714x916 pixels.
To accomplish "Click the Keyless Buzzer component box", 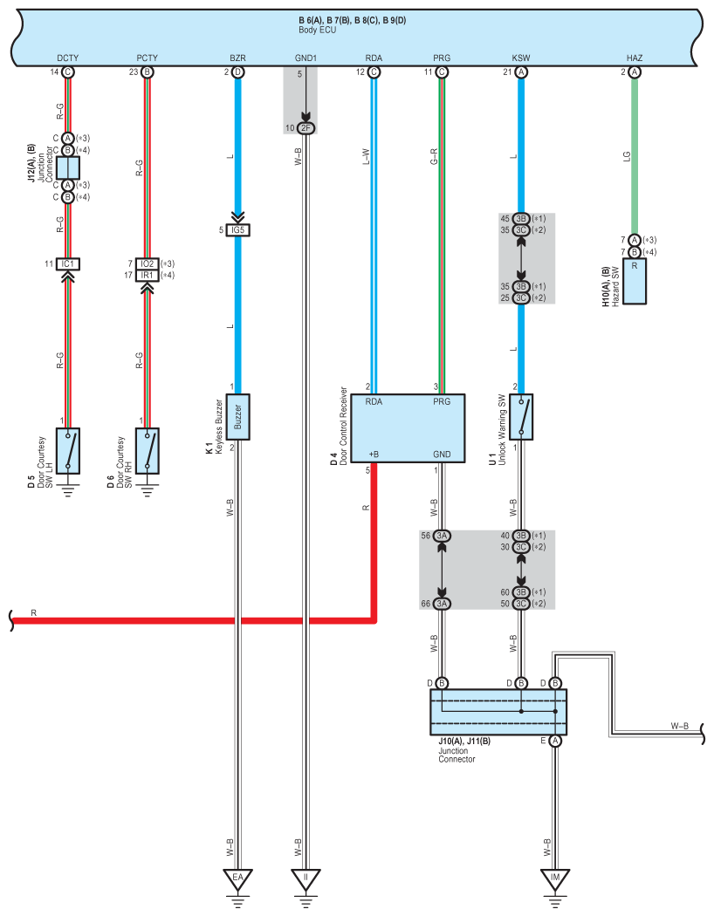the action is pyautogui.click(x=237, y=416).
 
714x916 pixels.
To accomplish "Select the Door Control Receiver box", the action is pyautogui.click(x=408, y=428).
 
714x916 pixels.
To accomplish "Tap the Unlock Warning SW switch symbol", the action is pyautogui.click(x=520, y=416).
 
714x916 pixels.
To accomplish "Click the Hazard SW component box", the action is pyautogui.click(x=635, y=281).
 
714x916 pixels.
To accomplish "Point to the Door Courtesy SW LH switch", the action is pyautogui.click(x=68, y=450).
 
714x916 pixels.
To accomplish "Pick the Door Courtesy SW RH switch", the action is pyautogui.click(x=148, y=450).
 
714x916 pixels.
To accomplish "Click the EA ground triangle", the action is pyautogui.click(x=237, y=878).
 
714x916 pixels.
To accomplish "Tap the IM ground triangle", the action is pyautogui.click(x=554, y=878).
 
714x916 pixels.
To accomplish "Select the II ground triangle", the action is pyautogui.click(x=306, y=878).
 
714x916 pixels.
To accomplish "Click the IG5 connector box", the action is pyautogui.click(x=237, y=230).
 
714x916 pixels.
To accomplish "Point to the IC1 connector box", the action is pyautogui.click(x=68, y=264).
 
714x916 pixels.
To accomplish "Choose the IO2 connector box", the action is pyautogui.click(x=148, y=264).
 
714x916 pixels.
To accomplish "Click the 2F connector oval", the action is pyautogui.click(x=306, y=128).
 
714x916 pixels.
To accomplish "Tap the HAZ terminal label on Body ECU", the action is pyautogui.click(x=635, y=58).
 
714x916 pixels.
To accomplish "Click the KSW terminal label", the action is pyautogui.click(x=520, y=58).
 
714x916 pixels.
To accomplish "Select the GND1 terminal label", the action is pyautogui.click(x=306, y=58).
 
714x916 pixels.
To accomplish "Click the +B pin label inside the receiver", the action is pyautogui.click(x=374, y=454).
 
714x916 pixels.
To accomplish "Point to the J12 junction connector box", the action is pyautogui.click(x=68, y=167).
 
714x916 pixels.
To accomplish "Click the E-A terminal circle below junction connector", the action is pyautogui.click(x=555, y=741).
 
